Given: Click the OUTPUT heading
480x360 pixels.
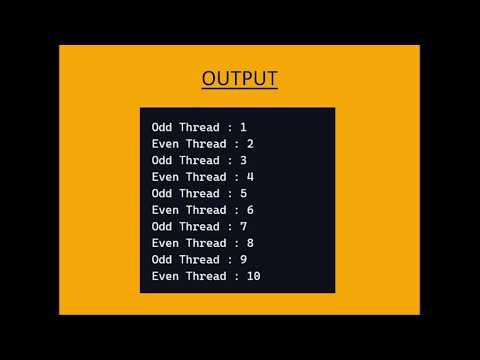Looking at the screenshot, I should click(x=239, y=79).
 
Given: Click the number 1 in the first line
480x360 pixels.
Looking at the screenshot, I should click(x=243, y=128).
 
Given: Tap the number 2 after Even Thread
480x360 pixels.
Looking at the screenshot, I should click(x=250, y=144).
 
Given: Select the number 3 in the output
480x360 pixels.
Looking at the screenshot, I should click(x=243, y=160).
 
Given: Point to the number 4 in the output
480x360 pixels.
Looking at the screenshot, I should click(x=250, y=177).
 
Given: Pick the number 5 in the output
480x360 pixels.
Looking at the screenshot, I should click(x=243, y=193).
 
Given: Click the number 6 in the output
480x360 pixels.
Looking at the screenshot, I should click(x=250, y=210).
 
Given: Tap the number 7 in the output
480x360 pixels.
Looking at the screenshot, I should click(x=243, y=226).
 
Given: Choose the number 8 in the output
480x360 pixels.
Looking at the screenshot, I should click(x=250, y=243).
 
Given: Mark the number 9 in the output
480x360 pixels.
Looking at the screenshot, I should click(x=243, y=259).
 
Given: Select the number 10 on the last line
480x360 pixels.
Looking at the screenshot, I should click(x=253, y=276).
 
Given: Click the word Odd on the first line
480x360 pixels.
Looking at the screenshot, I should click(x=162, y=128).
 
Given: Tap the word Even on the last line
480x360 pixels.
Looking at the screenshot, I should click(x=165, y=276).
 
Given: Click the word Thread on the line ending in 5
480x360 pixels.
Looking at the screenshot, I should click(x=200, y=193).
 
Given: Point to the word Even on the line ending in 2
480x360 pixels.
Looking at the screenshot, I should click(x=165, y=144).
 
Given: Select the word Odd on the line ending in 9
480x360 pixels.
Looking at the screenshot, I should click(x=162, y=259).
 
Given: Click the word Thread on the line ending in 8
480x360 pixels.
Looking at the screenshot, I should click(x=207, y=243).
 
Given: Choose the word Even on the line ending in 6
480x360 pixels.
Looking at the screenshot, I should click(x=165, y=210).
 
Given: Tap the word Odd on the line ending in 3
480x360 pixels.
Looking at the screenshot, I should click(x=162, y=160).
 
